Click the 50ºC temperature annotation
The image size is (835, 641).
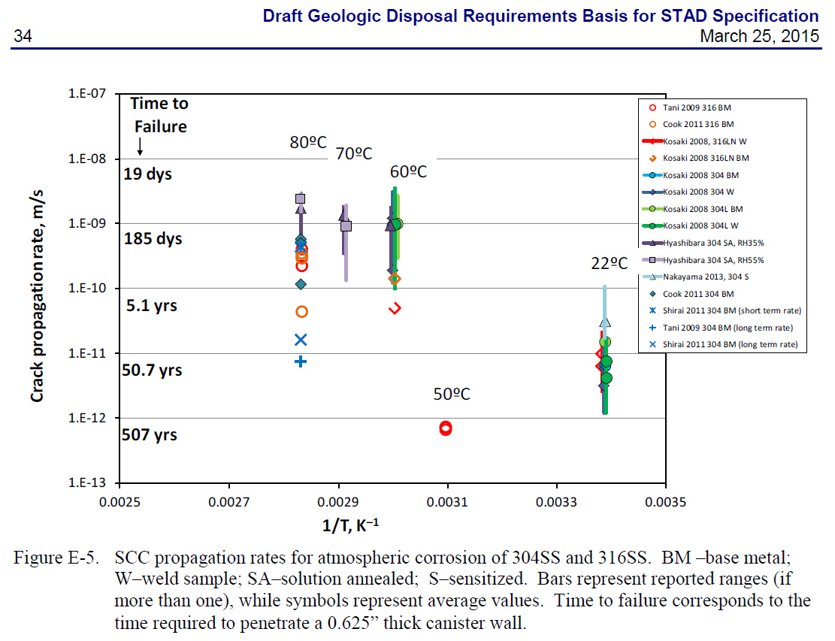point(451,395)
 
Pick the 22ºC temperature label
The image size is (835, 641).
point(610,263)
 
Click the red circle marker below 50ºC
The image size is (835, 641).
point(446,428)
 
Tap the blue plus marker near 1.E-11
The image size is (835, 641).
point(301,361)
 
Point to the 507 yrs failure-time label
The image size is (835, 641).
point(150,434)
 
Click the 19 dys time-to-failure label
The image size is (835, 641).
point(148,174)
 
